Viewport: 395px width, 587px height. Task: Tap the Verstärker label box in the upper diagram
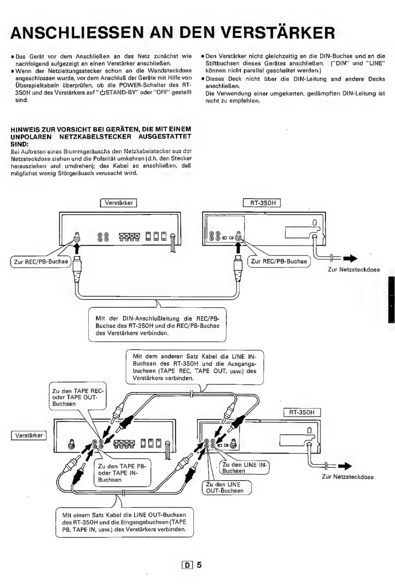point(118,203)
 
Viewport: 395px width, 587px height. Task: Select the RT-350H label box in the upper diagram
point(262,203)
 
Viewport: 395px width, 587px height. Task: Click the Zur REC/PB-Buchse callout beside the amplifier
point(41,261)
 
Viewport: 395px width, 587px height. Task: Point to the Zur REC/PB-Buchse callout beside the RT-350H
point(279,261)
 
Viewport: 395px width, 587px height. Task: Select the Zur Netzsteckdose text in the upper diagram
point(353,270)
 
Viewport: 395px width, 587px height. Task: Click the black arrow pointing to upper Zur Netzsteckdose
point(350,259)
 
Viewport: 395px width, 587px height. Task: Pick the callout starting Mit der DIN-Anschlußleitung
point(157,324)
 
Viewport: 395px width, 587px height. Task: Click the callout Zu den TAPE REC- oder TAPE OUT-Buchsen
point(78,396)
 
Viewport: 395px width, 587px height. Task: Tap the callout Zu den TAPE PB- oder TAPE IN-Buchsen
point(122,472)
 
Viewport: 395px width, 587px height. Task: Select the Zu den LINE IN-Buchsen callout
point(244,468)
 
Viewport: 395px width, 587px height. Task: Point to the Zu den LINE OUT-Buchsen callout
point(227,487)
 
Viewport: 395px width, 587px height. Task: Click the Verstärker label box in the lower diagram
point(29,436)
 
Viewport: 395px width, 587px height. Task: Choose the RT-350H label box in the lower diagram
point(302,412)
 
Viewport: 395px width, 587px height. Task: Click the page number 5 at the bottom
point(199,562)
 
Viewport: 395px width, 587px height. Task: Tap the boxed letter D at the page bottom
point(187,563)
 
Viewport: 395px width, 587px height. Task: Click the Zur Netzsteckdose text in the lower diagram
point(348,477)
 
